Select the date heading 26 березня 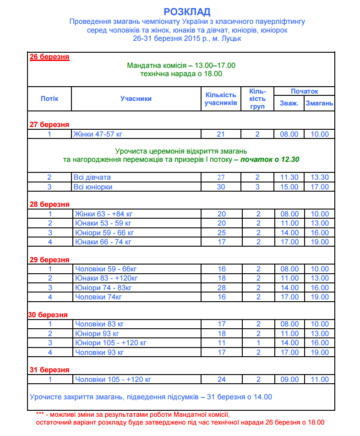(49, 57)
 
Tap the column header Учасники (136, 99)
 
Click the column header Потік (49, 99)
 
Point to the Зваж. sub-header (289, 103)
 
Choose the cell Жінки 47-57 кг (98, 134)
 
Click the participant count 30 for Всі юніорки (221, 187)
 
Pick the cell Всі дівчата (92, 177)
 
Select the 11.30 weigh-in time (289, 177)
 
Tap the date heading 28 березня (49, 204)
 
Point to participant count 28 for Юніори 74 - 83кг (221, 288)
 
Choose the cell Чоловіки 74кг (98, 297)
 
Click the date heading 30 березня (48, 315)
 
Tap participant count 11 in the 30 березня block (221, 343)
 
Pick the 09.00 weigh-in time (289, 380)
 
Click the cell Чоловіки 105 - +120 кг (113, 380)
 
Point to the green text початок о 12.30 (270, 160)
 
